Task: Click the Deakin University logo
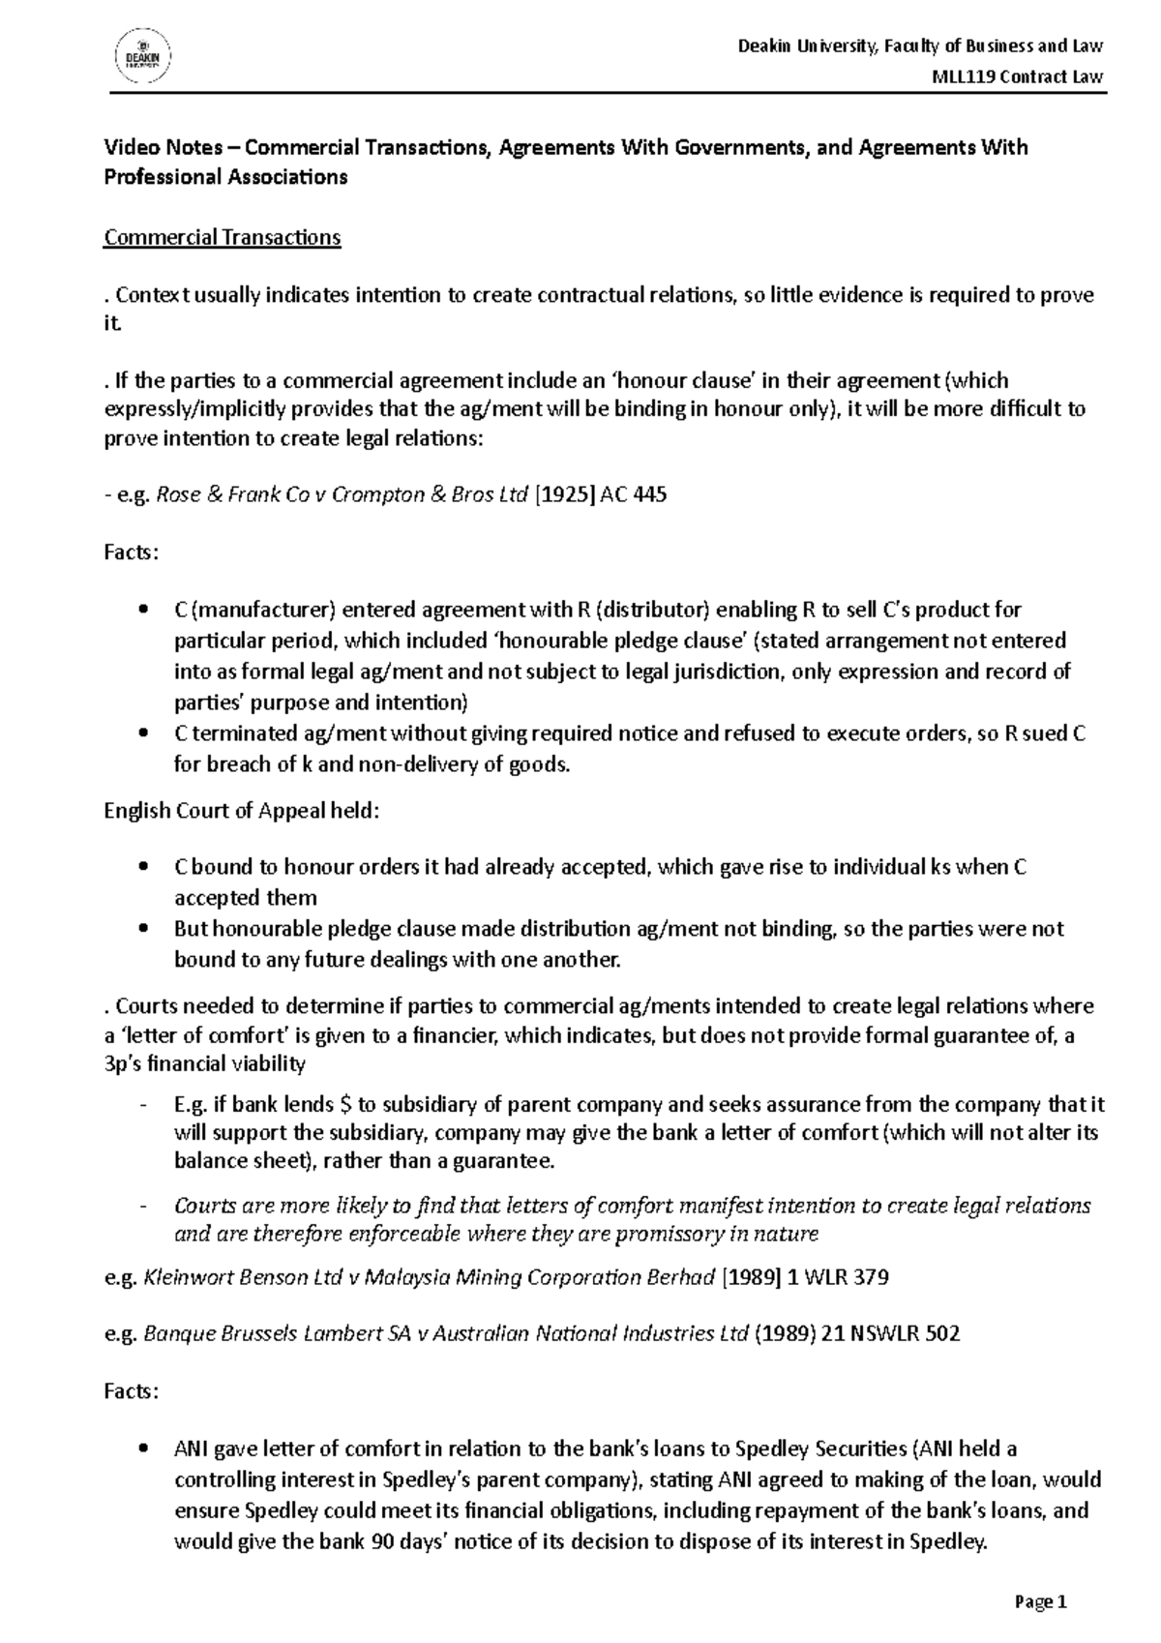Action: point(144,57)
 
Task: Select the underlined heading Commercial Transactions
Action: point(222,238)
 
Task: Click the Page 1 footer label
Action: point(1040,1602)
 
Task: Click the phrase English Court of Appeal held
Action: point(242,811)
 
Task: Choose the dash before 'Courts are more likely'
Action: point(144,1207)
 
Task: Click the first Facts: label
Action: point(131,553)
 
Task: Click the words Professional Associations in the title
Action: point(224,178)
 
